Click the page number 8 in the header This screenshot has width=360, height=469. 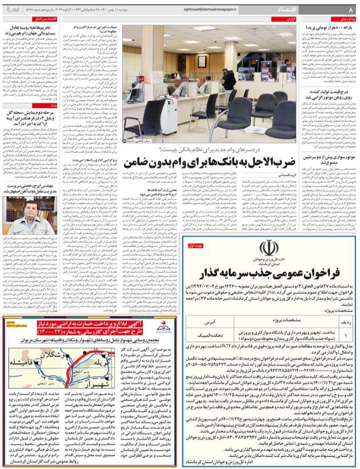(x=350, y=10)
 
